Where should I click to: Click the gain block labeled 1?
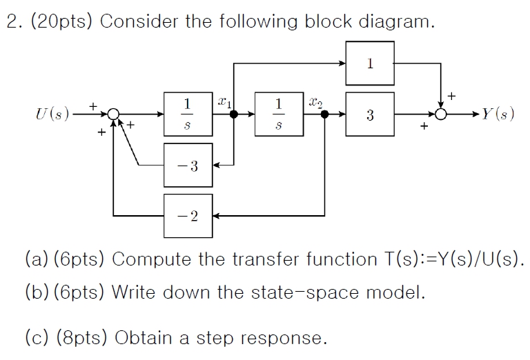tap(371, 63)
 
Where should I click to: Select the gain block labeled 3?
tap(371, 114)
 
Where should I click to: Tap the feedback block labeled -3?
tap(188, 166)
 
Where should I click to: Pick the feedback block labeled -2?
tap(188, 216)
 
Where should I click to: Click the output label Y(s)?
tap(495, 114)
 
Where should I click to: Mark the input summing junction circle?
tap(114, 114)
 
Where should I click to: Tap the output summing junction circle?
tap(441, 114)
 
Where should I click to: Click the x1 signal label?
tap(223, 101)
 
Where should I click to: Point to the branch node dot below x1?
tap(234, 114)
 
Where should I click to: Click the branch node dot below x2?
tap(325, 114)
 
